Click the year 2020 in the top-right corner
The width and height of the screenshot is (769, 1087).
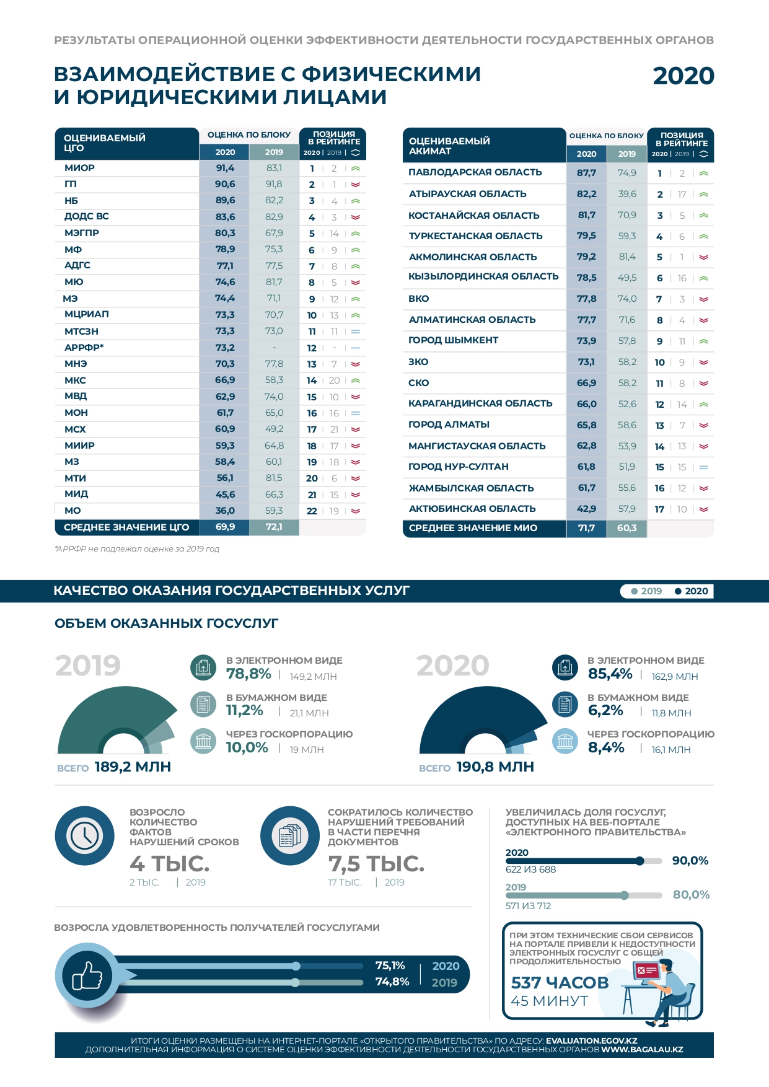pyautogui.click(x=683, y=76)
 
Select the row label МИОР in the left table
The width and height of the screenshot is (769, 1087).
pyautogui.click(x=80, y=168)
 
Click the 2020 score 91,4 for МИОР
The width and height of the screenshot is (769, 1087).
pyautogui.click(x=225, y=168)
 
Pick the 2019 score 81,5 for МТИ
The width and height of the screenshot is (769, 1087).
pyautogui.click(x=274, y=478)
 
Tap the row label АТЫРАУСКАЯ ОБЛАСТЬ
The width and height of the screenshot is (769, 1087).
pyautogui.click(x=467, y=194)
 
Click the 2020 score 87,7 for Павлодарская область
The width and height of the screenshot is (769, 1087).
pyautogui.click(x=586, y=173)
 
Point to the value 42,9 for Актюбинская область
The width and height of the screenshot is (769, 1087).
pyautogui.click(x=586, y=509)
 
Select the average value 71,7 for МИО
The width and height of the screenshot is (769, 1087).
pyautogui.click(x=586, y=528)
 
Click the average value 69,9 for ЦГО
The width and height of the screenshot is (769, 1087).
pyautogui.click(x=225, y=527)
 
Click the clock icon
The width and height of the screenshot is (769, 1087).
pyautogui.click(x=85, y=835)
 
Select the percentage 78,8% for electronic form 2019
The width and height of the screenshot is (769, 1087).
pyautogui.click(x=248, y=674)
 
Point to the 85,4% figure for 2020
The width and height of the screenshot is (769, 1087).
pyautogui.click(x=610, y=674)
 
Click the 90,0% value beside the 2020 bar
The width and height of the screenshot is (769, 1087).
pyautogui.click(x=690, y=861)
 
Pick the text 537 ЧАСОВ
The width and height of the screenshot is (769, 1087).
pyautogui.click(x=560, y=983)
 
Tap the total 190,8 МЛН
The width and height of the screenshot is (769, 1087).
pyautogui.click(x=494, y=767)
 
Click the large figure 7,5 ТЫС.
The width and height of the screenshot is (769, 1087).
pyautogui.click(x=376, y=863)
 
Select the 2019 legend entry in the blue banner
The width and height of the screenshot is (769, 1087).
pyautogui.click(x=646, y=591)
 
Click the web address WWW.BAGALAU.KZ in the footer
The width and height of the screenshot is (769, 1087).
pyautogui.click(x=642, y=1050)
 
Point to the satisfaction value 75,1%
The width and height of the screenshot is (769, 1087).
pyautogui.click(x=390, y=966)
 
